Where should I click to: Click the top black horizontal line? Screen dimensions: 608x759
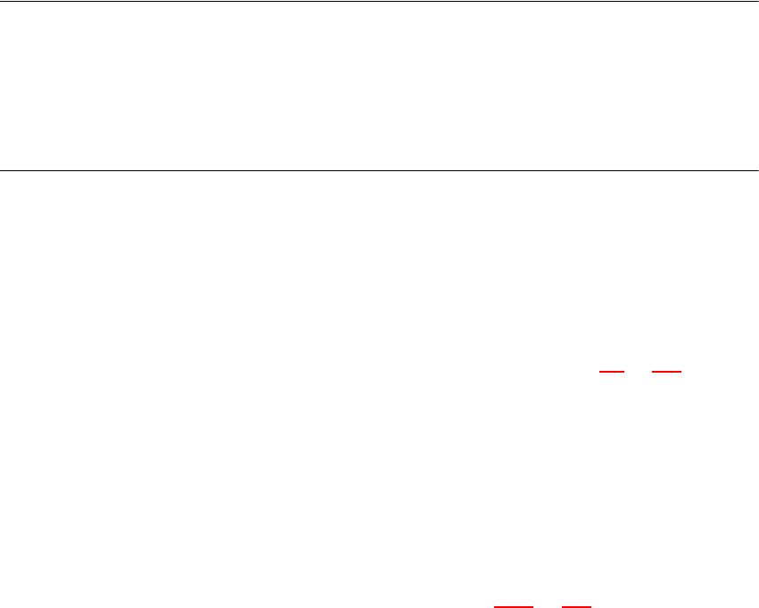(379, 1)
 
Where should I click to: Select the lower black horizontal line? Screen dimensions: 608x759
(379, 169)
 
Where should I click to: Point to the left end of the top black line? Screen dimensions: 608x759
(1, 1)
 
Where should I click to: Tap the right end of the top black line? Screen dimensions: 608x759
(757, 1)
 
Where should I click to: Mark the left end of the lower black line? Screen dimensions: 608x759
(1, 169)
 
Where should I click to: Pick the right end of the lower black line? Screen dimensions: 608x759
(757, 169)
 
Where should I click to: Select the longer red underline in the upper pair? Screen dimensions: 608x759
(667, 372)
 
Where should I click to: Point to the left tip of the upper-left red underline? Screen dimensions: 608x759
(598, 372)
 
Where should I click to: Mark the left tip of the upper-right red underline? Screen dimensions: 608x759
(653, 372)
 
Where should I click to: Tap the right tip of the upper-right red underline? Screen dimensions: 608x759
(682, 372)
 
